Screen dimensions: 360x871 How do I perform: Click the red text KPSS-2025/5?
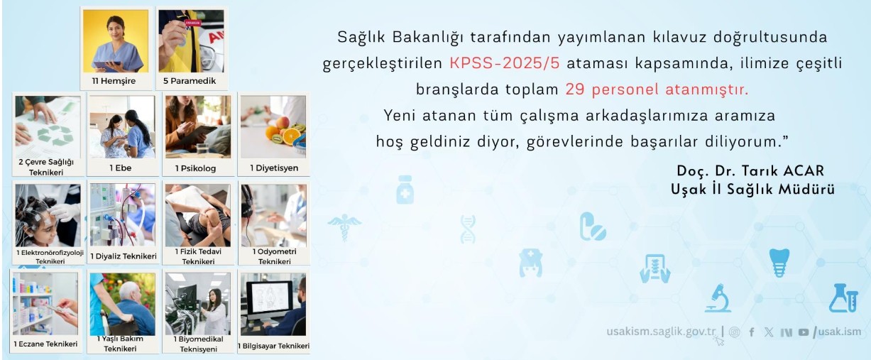(x=505, y=62)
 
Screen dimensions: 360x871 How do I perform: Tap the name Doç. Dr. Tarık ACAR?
(x=750, y=171)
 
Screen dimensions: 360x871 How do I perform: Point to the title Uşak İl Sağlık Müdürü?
(x=752, y=190)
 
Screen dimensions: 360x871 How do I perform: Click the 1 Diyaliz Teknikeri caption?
(x=124, y=256)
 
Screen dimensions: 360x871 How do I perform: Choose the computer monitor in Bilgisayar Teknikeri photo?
(x=270, y=299)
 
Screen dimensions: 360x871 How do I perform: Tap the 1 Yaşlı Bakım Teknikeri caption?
(x=120, y=343)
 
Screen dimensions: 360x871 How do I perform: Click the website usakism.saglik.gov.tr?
(x=661, y=332)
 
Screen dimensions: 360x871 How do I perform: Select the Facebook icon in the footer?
(x=752, y=332)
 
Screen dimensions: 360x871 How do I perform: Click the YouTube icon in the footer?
(x=804, y=332)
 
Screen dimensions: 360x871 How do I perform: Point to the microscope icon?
(x=718, y=298)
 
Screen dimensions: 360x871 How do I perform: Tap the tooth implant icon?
(x=779, y=262)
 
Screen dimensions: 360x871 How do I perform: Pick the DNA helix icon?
(x=468, y=229)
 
